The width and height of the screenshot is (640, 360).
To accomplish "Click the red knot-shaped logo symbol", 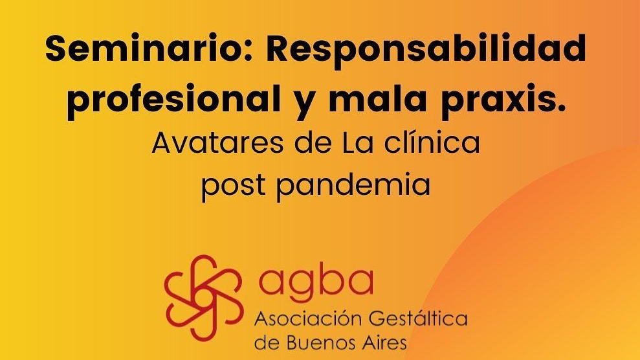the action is pos(204,298).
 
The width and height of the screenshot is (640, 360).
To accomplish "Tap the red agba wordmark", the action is pos(316,283).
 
